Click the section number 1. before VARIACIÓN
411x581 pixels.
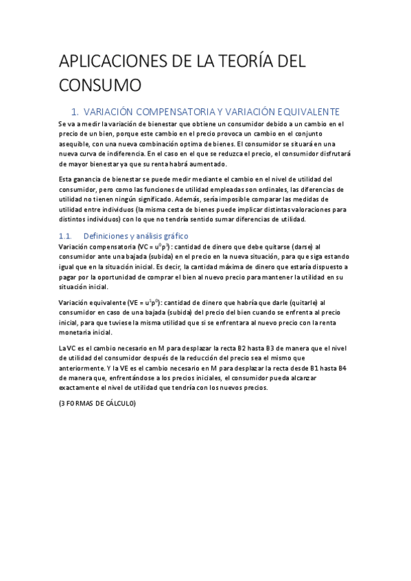point(76,111)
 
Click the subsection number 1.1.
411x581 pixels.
point(67,235)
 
